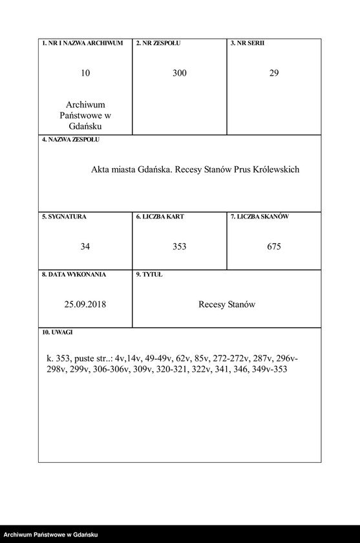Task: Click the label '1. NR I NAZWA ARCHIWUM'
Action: click(x=82, y=43)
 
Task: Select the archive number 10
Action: click(x=85, y=74)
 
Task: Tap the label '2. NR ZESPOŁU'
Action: click(x=158, y=43)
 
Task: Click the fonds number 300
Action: click(x=180, y=74)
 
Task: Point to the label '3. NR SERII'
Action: click(x=248, y=43)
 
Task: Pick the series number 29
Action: click(x=274, y=74)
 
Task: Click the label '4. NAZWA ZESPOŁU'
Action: click(x=70, y=140)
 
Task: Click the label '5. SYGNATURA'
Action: click(x=64, y=217)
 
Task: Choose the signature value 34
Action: click(x=85, y=247)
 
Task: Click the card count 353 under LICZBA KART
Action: click(x=180, y=247)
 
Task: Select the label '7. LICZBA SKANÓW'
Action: click(x=260, y=217)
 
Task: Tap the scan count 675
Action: click(x=274, y=247)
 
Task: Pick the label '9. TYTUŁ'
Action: click(x=149, y=275)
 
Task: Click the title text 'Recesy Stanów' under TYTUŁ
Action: click(x=227, y=304)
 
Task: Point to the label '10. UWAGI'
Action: click(x=58, y=332)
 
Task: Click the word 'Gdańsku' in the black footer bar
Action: click(x=84, y=535)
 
